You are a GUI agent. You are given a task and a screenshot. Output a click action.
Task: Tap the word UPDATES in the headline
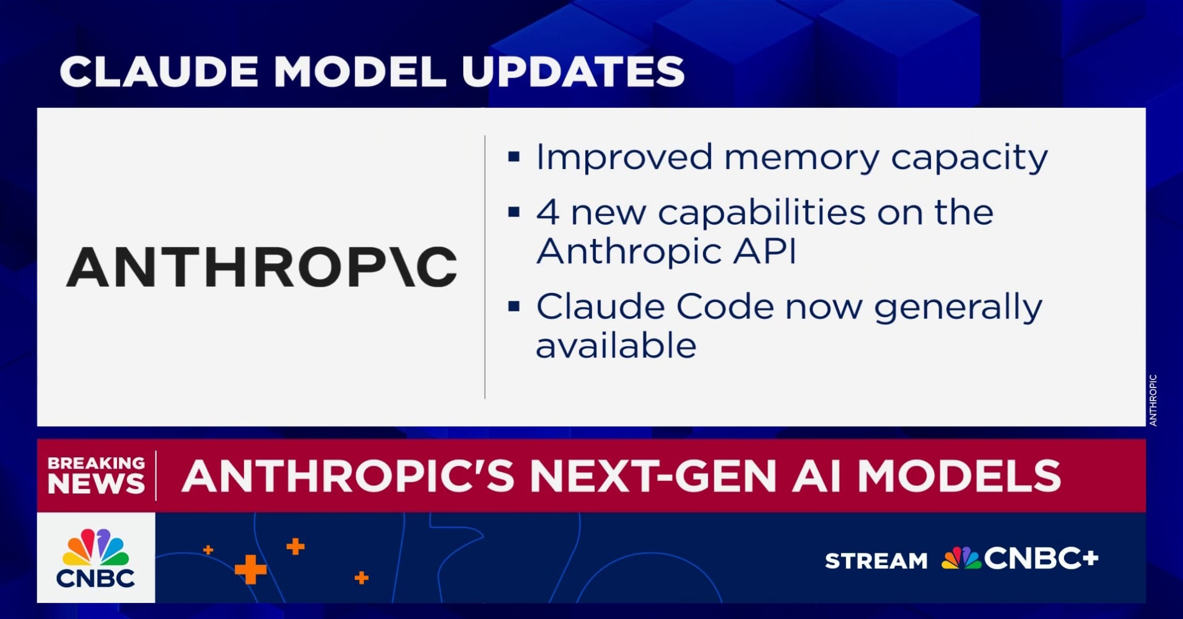click(x=573, y=71)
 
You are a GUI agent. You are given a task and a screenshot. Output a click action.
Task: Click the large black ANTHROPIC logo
click(x=261, y=267)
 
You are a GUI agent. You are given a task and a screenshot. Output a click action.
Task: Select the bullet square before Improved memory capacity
click(x=513, y=157)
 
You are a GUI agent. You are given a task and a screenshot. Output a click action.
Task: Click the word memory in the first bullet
click(x=801, y=158)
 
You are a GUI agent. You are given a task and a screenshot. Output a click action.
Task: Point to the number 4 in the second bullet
click(x=548, y=212)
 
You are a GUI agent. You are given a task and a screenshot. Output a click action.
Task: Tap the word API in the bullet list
click(x=765, y=251)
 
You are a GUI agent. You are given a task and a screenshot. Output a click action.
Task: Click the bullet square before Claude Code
click(x=513, y=306)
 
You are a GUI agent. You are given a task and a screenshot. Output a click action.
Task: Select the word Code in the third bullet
click(x=725, y=306)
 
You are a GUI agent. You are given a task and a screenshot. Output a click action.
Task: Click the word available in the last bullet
click(x=616, y=345)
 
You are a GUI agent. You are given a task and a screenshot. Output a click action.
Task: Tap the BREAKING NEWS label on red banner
click(x=96, y=475)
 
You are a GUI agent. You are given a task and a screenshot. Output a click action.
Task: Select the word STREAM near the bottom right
click(x=876, y=561)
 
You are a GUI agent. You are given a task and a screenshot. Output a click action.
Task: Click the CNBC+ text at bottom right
click(x=1041, y=558)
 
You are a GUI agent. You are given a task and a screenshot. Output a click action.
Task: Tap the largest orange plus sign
click(x=250, y=569)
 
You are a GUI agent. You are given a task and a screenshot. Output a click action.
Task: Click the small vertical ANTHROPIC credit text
click(x=1153, y=400)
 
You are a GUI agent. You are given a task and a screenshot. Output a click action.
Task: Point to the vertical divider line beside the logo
click(x=485, y=267)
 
